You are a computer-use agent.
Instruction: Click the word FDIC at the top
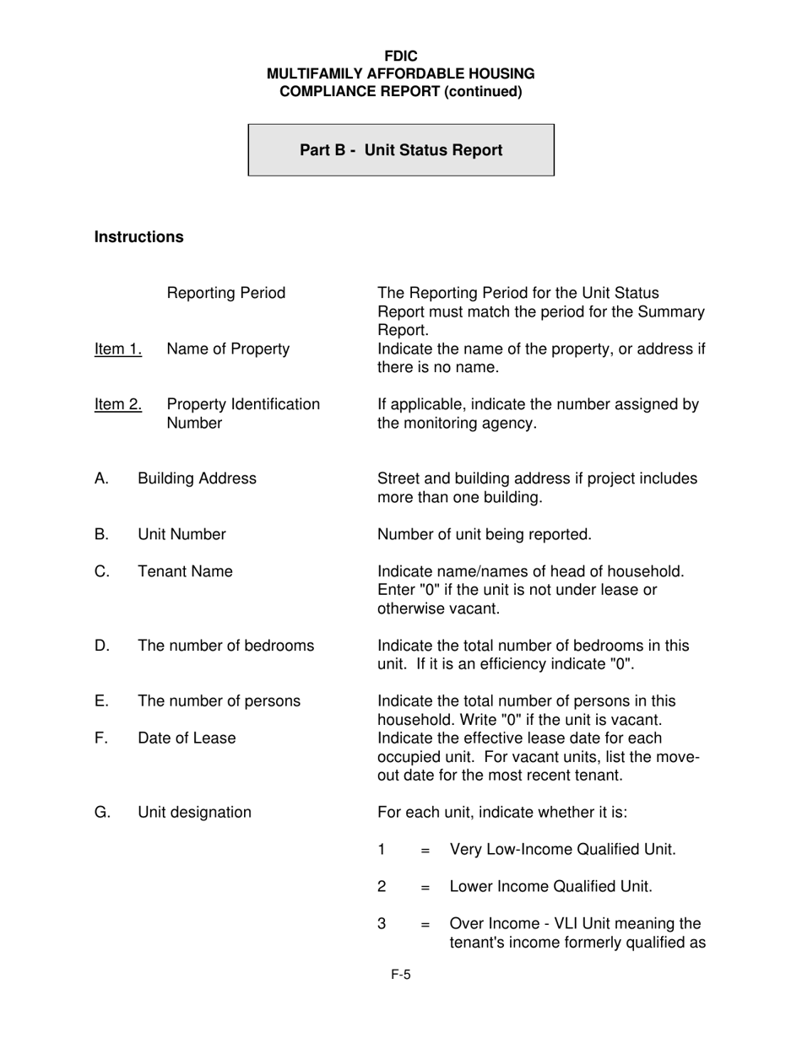coord(401,57)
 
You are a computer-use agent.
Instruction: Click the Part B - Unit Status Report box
coord(401,150)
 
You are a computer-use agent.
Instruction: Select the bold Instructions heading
coord(138,237)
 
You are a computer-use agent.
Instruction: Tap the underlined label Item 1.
coord(118,349)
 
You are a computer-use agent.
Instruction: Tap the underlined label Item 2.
coord(118,405)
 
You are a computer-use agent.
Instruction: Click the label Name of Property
coord(228,349)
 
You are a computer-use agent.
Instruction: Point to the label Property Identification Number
coord(243,414)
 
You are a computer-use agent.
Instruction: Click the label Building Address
coord(197,479)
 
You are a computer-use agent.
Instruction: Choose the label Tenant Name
coord(185,572)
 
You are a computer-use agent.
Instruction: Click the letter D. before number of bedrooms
coord(102,646)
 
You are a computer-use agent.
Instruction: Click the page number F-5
coord(401,976)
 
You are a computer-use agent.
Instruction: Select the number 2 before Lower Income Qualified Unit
coord(382,887)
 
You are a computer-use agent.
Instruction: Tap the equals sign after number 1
coord(425,850)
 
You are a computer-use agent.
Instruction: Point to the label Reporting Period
coord(226,294)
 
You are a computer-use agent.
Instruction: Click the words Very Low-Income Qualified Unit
coord(563,850)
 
